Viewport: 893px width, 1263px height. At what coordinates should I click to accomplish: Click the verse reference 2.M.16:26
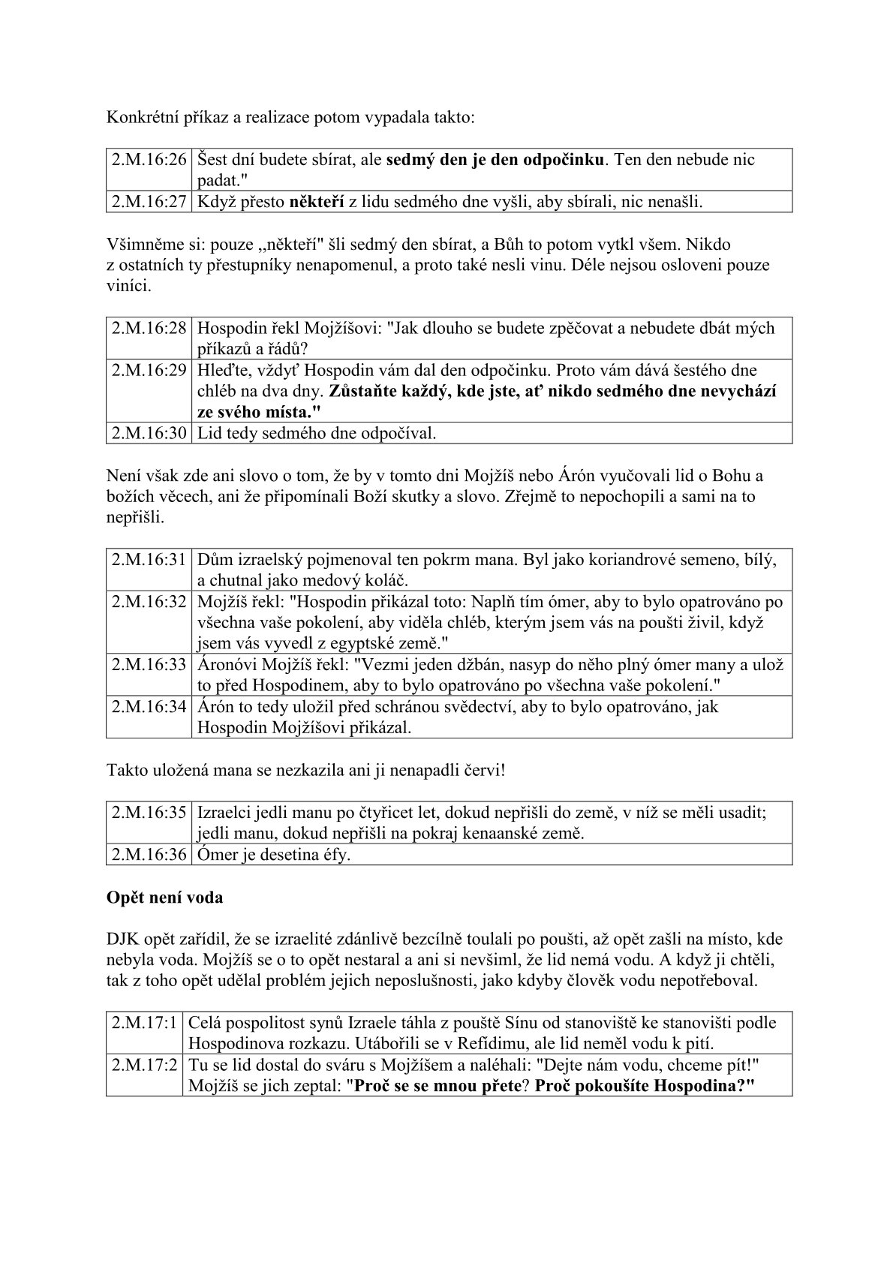tap(149, 159)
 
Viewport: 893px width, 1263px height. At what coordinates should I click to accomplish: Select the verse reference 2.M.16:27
tap(149, 201)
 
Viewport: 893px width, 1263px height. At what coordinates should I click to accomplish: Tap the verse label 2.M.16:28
tap(149, 328)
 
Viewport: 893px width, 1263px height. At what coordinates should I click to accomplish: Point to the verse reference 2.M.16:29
tap(149, 370)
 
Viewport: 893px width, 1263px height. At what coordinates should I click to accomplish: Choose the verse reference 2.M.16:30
tap(149, 433)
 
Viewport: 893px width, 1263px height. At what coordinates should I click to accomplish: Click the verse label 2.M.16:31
tap(149, 560)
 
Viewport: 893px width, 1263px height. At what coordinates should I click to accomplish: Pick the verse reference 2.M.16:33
tap(149, 665)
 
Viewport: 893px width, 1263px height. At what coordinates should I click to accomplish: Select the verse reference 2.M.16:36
tap(149, 855)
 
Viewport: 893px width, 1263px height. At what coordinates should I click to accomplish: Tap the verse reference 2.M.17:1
tap(145, 1023)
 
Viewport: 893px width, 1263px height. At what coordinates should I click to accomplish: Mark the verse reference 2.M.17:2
tap(145, 1065)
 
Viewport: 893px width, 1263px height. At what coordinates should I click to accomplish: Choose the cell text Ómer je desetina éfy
tap(273, 855)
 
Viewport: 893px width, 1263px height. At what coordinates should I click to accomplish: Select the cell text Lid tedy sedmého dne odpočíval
tap(316, 433)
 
